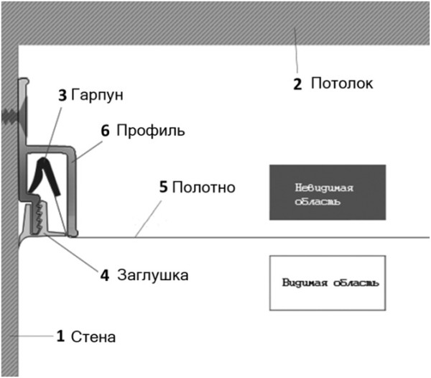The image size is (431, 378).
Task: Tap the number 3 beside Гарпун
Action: (62, 94)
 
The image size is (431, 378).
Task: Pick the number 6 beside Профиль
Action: (105, 131)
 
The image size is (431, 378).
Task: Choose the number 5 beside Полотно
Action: (163, 188)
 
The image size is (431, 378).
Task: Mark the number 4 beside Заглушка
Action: (105, 275)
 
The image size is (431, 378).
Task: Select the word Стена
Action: (93, 336)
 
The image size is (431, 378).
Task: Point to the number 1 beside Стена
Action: (61, 336)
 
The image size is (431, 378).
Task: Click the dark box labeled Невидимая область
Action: (327, 192)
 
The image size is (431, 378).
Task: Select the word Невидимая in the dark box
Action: (325, 187)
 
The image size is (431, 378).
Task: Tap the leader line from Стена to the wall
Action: (36, 335)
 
